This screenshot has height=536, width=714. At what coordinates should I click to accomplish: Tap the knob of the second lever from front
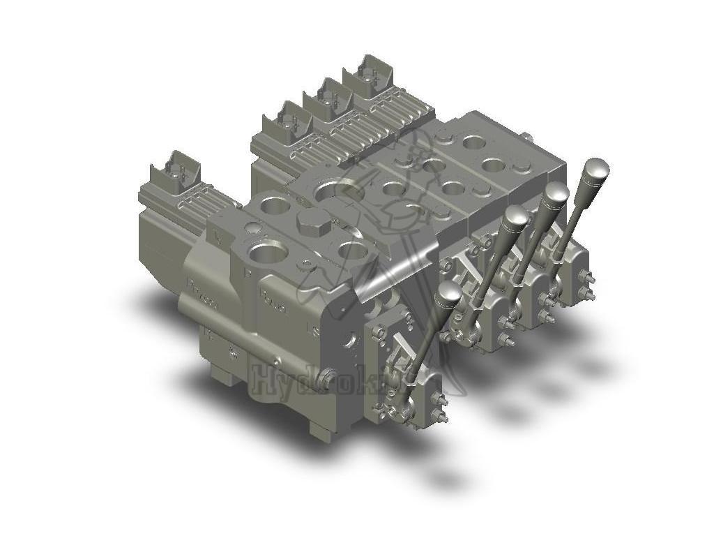(515, 219)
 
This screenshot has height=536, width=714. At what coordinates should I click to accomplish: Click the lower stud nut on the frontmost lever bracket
(441, 419)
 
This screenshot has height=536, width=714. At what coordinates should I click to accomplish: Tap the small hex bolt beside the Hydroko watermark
(234, 355)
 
